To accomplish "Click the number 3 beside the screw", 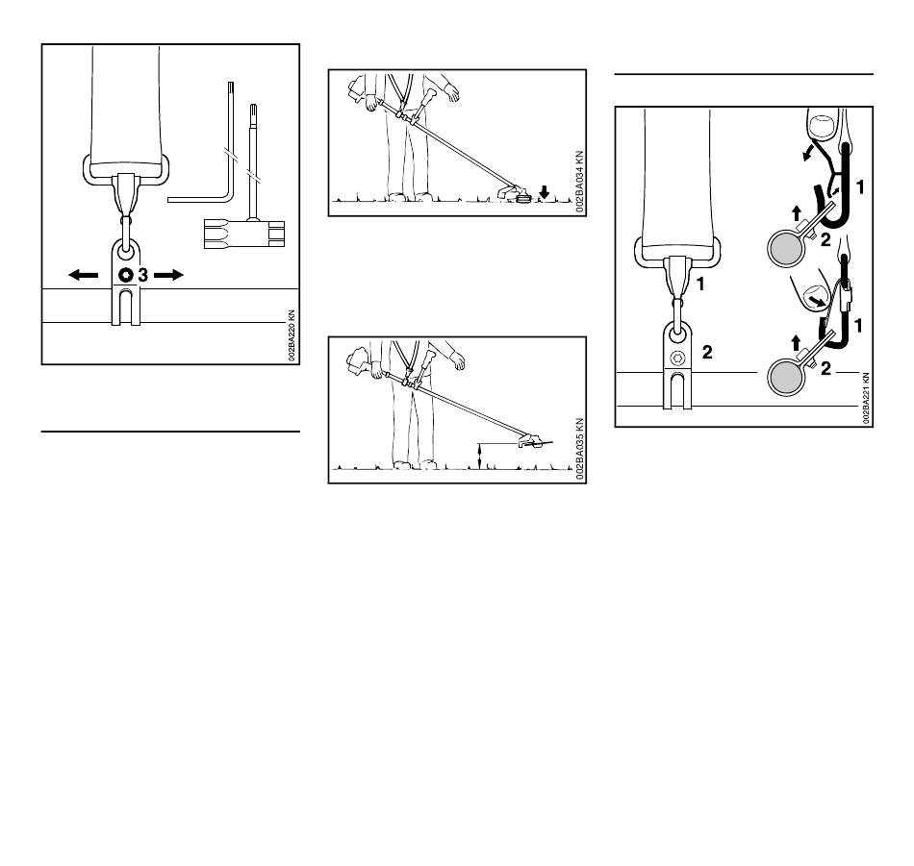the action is point(142,275).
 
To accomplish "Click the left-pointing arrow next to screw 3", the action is point(84,275).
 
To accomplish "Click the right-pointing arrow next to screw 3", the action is point(168,275).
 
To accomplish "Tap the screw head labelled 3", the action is point(125,275).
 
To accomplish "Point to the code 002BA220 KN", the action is point(292,335).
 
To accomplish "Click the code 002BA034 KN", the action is point(579,182).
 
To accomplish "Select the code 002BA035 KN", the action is point(579,449).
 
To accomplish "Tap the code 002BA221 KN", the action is point(866,398).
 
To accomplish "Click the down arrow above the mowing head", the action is point(544,191).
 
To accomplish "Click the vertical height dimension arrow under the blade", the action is point(479,456).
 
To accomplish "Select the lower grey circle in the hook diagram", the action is point(786,378).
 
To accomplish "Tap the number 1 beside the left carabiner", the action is point(700,285).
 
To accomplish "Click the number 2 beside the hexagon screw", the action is point(707,353).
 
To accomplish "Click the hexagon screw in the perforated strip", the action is point(677,359).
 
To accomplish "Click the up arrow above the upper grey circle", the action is point(797,213).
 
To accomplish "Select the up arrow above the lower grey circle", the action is point(797,342).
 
